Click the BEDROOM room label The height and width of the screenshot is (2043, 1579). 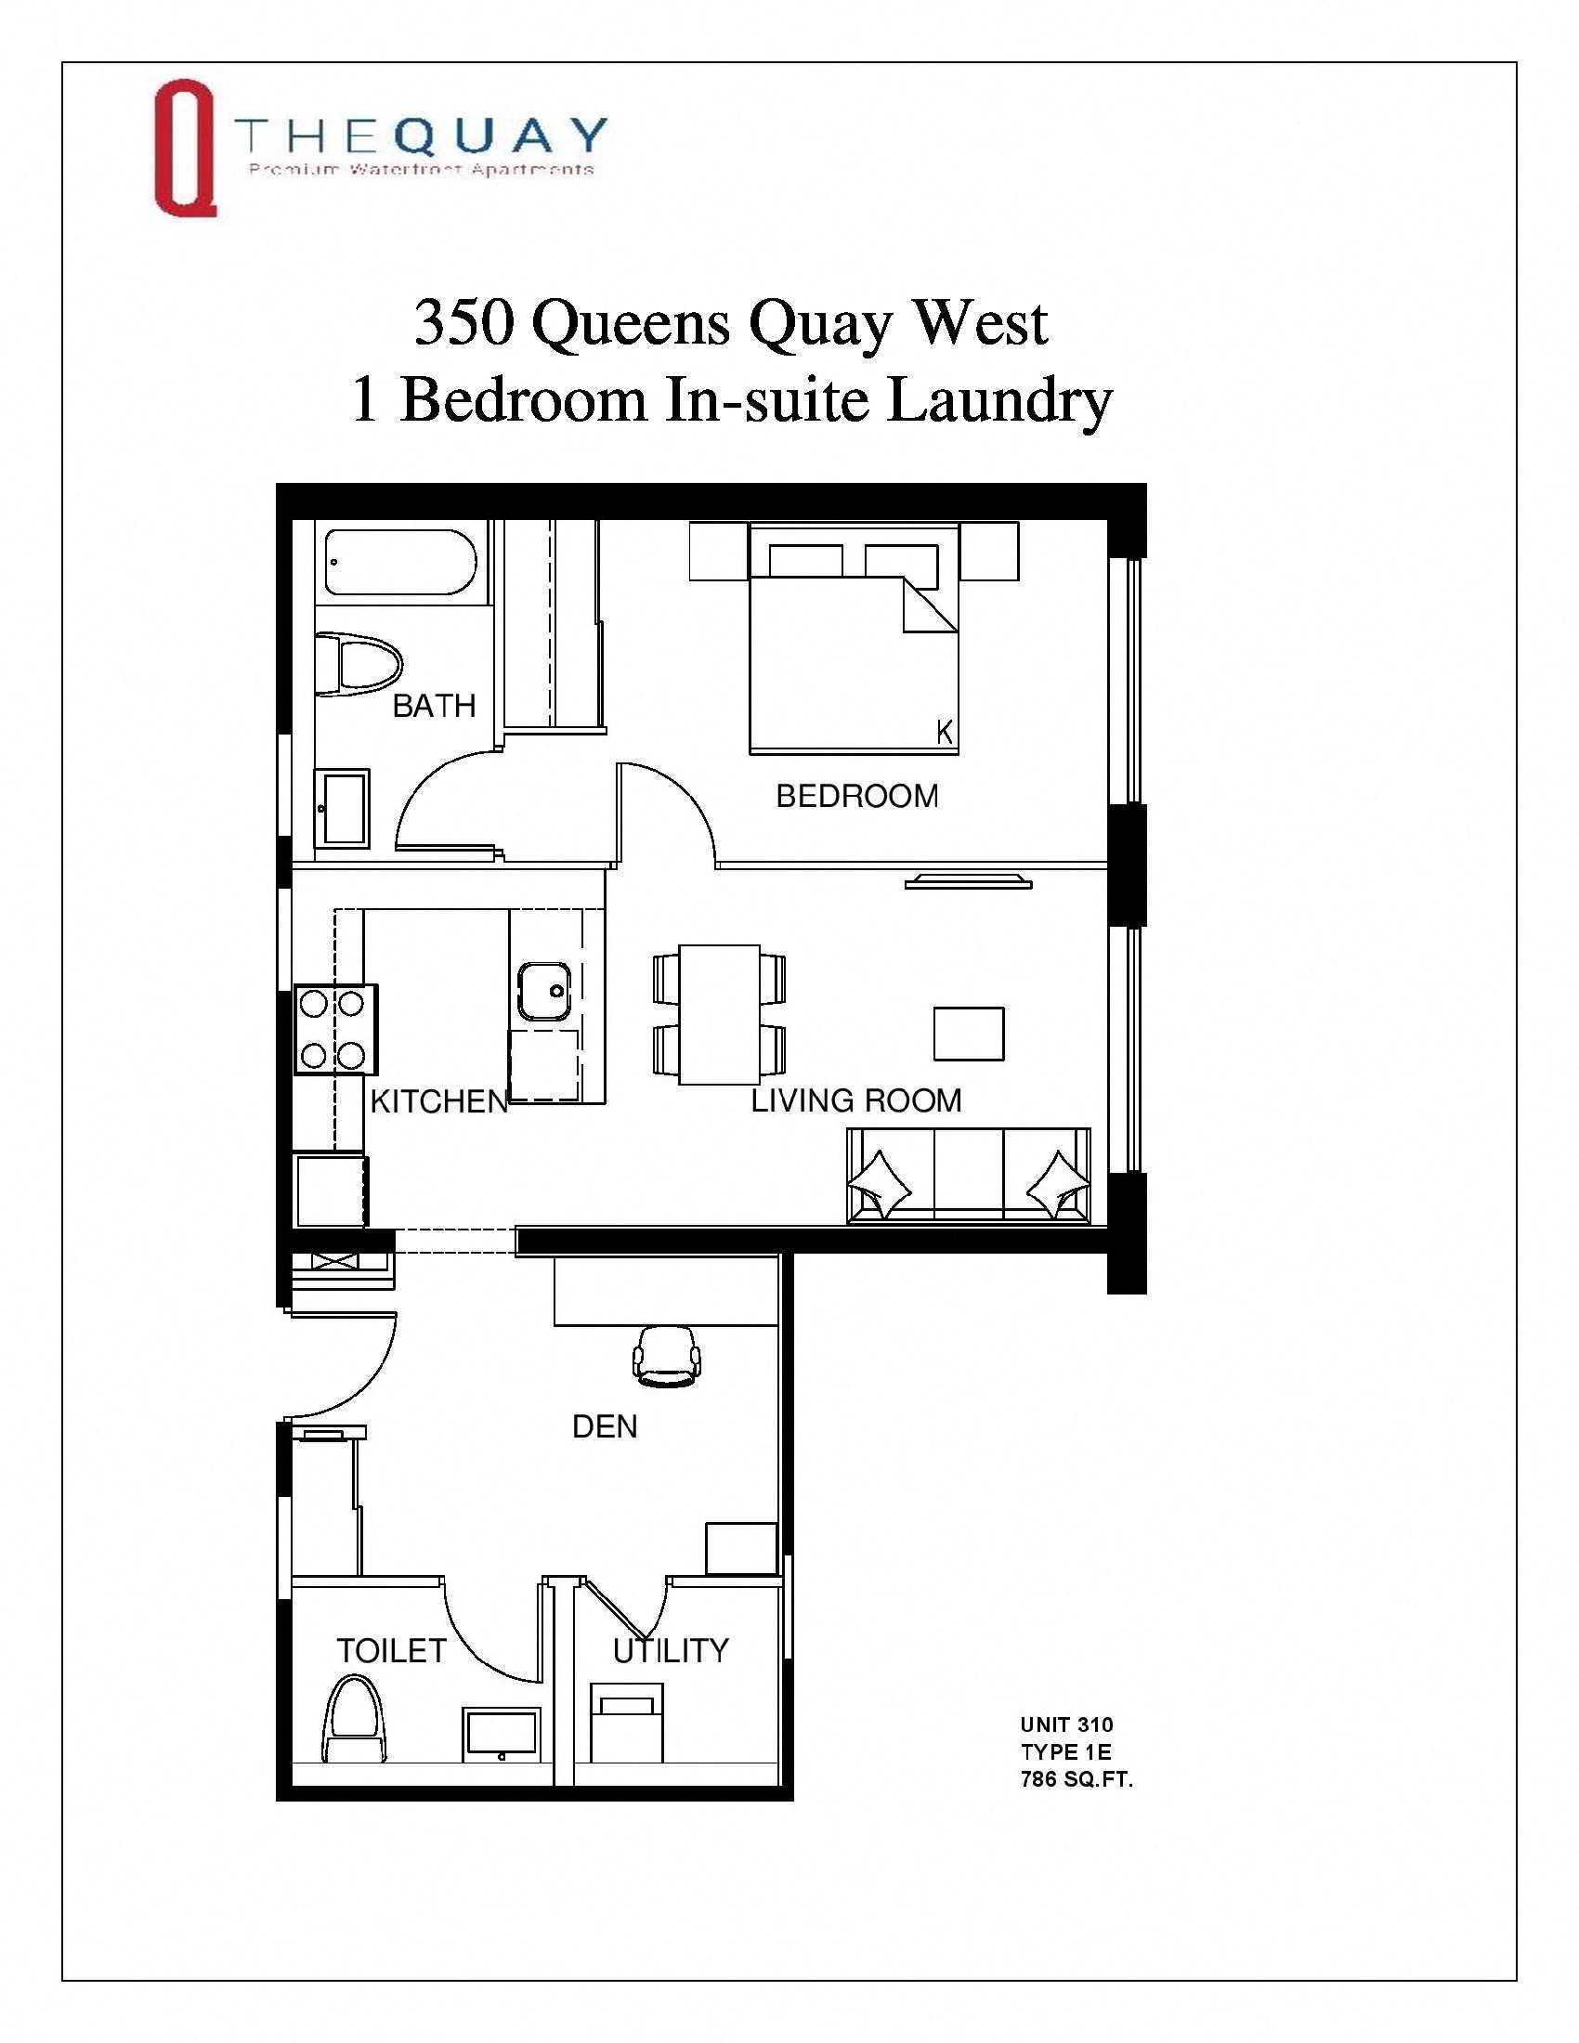pos(857,796)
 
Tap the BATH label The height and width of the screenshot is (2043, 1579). pos(434,706)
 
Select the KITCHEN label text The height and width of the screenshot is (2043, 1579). pos(438,1102)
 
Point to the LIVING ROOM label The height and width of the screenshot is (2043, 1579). pos(856,1100)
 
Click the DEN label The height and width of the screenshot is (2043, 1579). pos(605,1426)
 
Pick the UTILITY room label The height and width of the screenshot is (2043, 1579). pos(671,1651)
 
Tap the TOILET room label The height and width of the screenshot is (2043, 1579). pos(391,1651)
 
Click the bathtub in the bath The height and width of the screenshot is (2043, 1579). pos(400,562)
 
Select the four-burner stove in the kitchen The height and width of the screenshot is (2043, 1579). pos(335,1029)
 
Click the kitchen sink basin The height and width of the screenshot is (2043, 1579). pos(543,991)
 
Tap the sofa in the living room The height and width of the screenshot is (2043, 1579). pos(968,1176)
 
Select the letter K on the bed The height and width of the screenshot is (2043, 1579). pos(945,733)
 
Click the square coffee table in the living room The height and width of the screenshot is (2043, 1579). pos(969,1034)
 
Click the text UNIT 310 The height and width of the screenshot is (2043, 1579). pos(1066,1725)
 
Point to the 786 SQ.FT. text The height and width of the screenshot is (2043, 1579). pos(1076,1779)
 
